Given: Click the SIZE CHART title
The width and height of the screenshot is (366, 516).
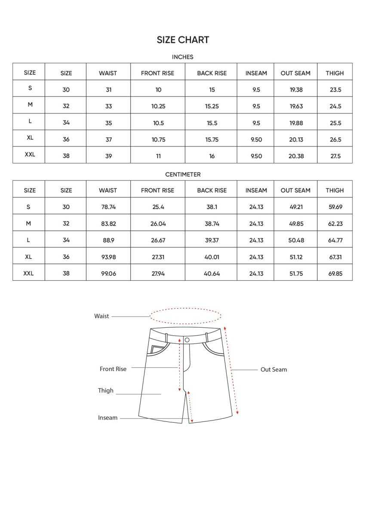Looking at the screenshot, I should click(x=183, y=40).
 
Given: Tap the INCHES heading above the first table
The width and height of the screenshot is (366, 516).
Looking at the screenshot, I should click(x=183, y=57).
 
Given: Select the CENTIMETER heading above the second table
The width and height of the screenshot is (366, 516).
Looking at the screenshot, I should click(x=183, y=175).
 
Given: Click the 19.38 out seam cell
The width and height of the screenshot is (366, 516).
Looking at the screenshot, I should click(x=296, y=90).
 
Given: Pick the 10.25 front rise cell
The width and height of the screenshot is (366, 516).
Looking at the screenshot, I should click(x=158, y=106).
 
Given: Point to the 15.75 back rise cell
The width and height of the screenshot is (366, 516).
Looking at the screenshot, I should click(x=212, y=140).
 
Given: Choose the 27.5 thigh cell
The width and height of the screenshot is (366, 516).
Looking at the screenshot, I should click(x=335, y=156).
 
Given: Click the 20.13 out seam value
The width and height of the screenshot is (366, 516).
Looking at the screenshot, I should click(x=296, y=140).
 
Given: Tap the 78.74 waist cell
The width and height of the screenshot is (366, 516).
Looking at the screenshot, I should click(x=108, y=207).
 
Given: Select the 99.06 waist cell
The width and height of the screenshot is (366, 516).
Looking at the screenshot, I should click(x=108, y=273).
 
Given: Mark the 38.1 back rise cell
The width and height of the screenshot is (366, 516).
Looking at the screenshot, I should click(x=212, y=207).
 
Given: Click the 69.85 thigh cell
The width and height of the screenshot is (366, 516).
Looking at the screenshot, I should click(x=335, y=273).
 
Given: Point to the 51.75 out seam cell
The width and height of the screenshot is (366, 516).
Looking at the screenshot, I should click(x=296, y=273).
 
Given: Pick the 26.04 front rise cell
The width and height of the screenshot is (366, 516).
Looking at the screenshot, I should click(x=158, y=224).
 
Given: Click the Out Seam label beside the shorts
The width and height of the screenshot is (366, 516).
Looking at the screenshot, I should click(x=274, y=369).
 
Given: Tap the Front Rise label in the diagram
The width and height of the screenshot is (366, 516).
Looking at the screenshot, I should click(x=113, y=369).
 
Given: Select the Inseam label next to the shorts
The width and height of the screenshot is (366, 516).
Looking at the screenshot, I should click(x=108, y=418).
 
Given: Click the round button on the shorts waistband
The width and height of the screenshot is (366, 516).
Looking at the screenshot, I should click(x=187, y=340).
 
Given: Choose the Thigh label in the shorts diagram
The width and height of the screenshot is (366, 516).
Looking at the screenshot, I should click(x=106, y=390).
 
